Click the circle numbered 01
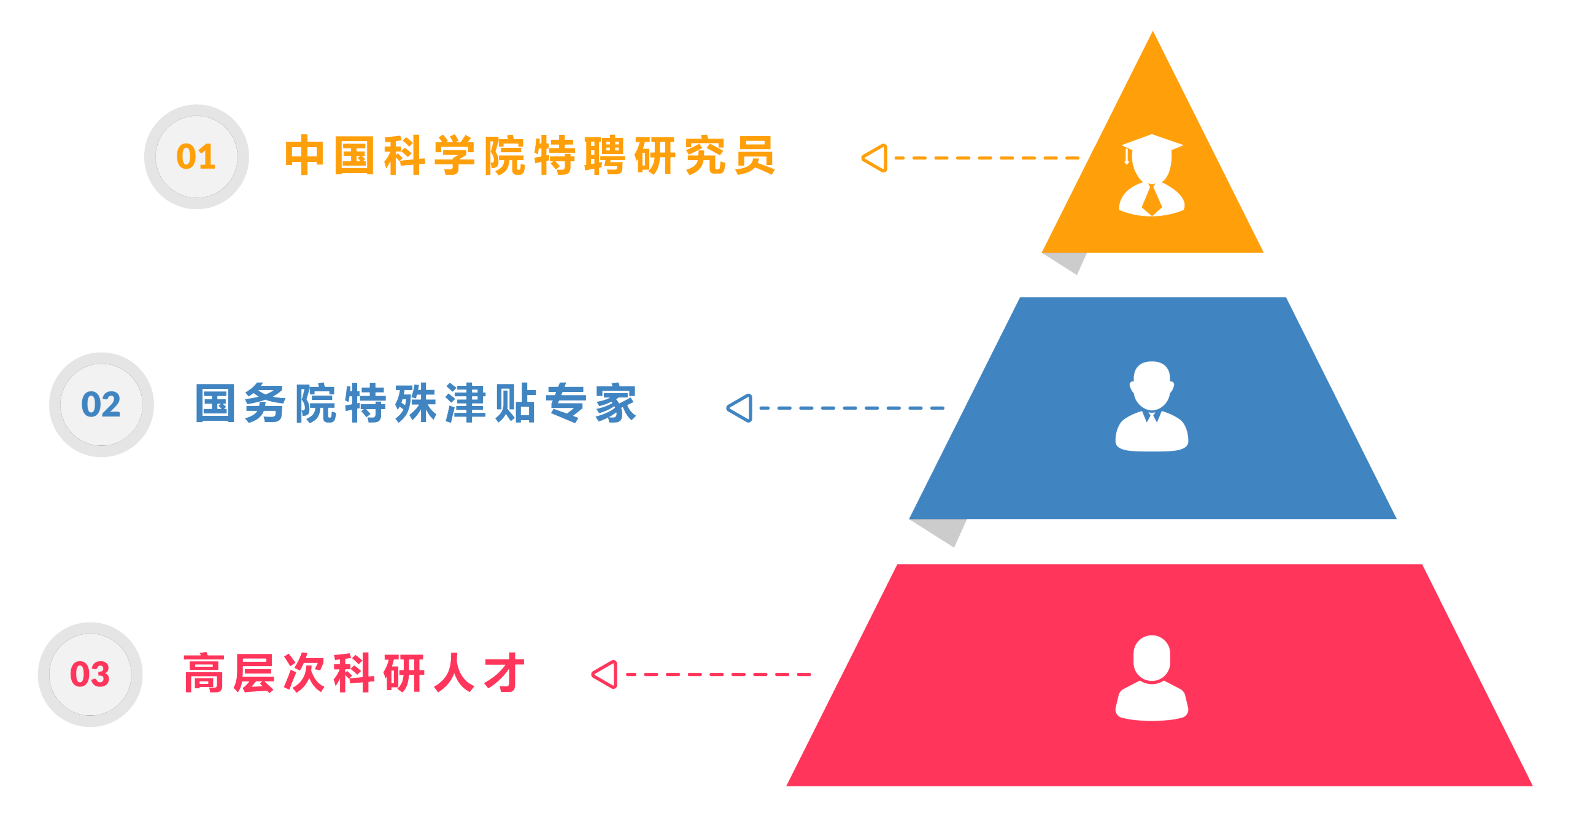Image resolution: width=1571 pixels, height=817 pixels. tap(196, 156)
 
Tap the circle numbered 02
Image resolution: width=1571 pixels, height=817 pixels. tap(101, 405)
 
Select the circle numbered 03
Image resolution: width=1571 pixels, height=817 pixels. tap(90, 674)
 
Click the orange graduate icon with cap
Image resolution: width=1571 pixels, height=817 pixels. tap(1152, 175)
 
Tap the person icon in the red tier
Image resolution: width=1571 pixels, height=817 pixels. tap(1152, 677)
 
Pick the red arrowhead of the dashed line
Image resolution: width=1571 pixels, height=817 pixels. tap(605, 674)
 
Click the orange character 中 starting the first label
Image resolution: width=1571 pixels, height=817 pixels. tap(304, 156)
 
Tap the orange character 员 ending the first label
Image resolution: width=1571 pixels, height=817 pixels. tap(755, 156)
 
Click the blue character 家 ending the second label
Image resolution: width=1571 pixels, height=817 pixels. tap(616, 404)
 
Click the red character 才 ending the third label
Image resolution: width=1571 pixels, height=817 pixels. tap(504, 673)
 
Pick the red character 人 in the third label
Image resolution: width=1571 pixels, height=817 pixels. tap(454, 673)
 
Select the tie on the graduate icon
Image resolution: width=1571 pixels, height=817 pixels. tap(1152, 201)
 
